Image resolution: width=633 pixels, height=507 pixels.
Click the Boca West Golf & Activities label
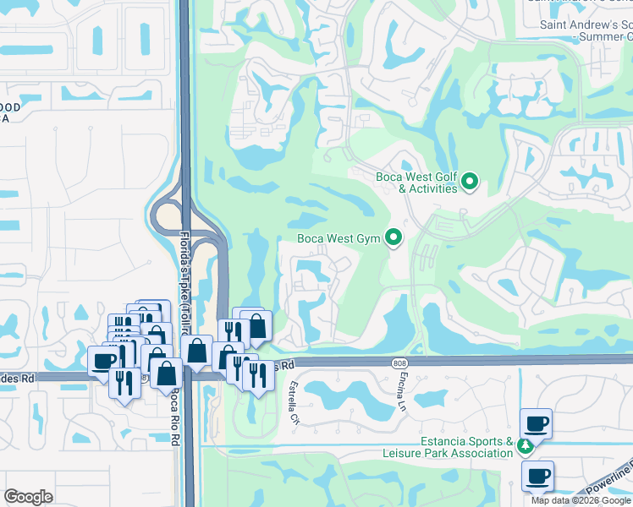point(416,183)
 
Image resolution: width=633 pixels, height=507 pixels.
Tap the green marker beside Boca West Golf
point(471,182)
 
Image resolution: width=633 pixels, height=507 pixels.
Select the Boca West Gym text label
point(339,238)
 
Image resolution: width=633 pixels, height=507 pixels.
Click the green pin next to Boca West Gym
point(394,238)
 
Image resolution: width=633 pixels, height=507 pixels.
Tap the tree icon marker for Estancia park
point(526,445)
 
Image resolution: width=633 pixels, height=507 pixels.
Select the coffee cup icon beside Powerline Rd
point(537,475)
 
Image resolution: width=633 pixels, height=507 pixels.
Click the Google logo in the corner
point(29,497)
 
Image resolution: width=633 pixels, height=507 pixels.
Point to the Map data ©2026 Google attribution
point(581,500)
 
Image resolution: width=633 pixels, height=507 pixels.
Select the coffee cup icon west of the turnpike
point(104,361)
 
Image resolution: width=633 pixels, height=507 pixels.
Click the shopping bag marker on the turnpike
point(197,351)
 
